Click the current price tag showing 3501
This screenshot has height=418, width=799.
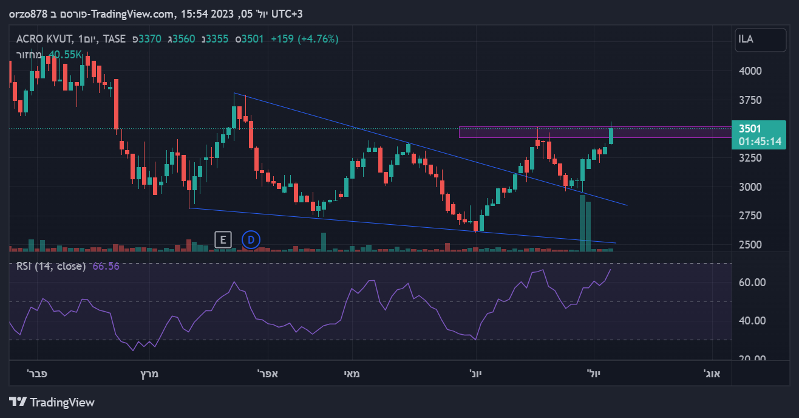[750, 129]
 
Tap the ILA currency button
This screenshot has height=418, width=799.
[752, 39]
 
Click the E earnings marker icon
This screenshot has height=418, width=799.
[223, 239]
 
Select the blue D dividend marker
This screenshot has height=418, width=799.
[251, 239]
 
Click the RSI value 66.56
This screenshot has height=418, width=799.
[106, 266]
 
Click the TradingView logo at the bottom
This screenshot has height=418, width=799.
[52, 402]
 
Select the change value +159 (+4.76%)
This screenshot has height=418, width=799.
[304, 39]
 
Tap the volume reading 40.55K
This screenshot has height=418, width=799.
[65, 55]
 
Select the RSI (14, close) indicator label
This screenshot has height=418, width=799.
[50, 266]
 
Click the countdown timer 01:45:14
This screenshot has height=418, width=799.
[760, 142]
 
